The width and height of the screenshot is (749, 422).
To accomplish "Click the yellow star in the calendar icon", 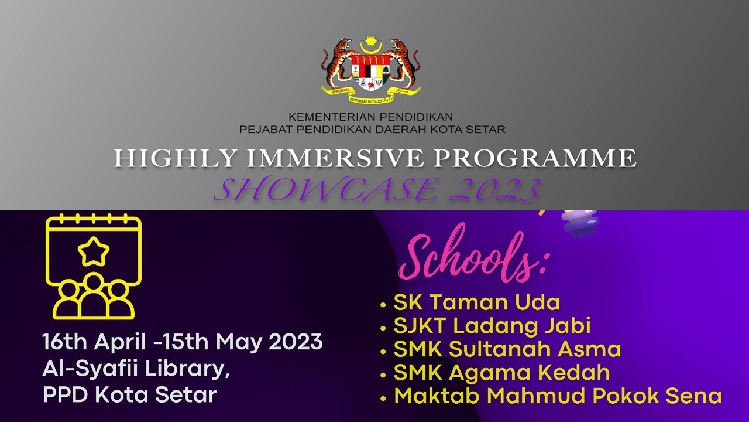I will click(94, 252).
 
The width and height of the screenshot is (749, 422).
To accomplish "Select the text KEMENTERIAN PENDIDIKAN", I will click(370, 117).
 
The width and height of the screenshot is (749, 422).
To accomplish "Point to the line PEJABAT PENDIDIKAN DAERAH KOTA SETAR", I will click(372, 130).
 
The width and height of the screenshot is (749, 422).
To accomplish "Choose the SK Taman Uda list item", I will click(476, 302).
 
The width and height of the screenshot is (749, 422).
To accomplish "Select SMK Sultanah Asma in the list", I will click(507, 349).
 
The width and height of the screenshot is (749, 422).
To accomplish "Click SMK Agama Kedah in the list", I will click(501, 373).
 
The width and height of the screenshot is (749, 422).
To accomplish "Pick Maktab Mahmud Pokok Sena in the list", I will click(558, 396).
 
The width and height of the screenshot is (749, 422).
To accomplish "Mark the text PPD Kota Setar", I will click(129, 394).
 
